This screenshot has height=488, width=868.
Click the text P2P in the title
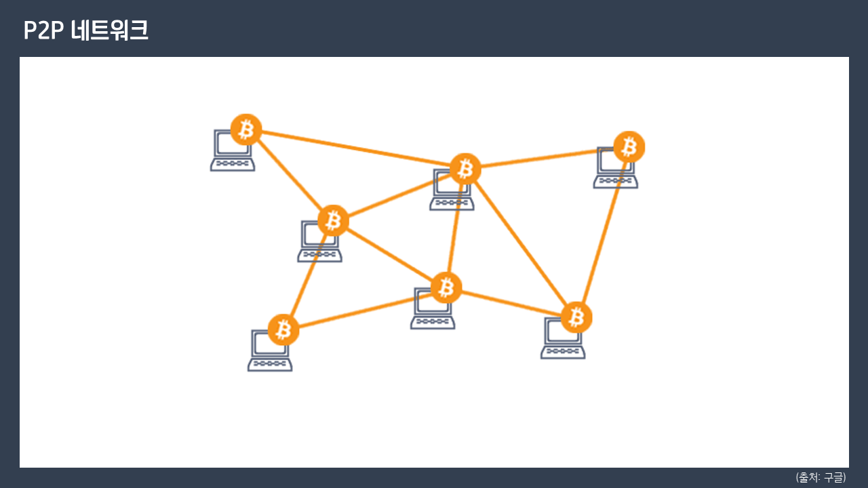coord(43,30)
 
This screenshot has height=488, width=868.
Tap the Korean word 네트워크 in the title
coord(110,30)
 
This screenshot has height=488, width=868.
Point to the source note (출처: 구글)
coord(821,477)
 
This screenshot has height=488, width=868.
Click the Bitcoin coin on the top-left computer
coord(246,129)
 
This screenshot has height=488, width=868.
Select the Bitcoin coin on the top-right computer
coord(629,146)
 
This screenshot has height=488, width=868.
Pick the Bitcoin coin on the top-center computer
coord(465,169)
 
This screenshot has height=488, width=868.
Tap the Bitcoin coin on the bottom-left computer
coord(283,329)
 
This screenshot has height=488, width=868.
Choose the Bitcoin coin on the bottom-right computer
coord(576,317)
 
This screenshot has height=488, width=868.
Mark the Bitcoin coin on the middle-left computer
coord(333,220)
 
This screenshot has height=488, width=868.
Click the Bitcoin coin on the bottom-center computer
coord(446,287)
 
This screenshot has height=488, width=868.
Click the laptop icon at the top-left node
coord(232,152)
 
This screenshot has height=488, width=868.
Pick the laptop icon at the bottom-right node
coord(562,341)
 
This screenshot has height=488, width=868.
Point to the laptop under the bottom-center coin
coord(432,312)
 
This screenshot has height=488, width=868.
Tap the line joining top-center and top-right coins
coord(547,158)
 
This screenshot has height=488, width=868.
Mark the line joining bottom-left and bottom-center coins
coord(365,308)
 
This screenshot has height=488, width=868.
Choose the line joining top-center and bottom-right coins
coord(521,243)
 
